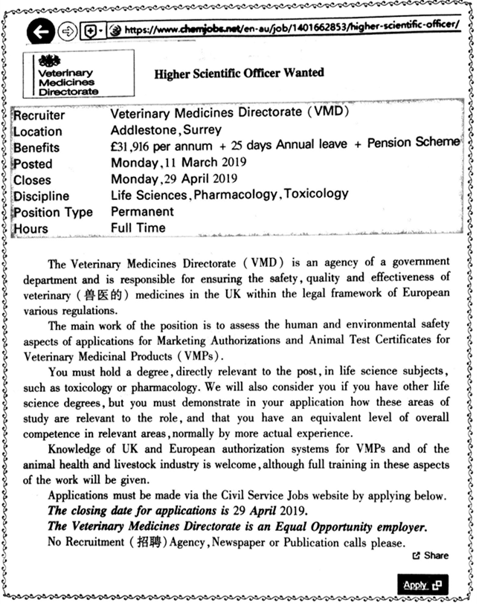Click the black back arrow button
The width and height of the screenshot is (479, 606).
tap(41, 31)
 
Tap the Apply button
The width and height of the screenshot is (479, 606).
tap(421, 584)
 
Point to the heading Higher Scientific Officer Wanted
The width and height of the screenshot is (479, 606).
tap(239, 74)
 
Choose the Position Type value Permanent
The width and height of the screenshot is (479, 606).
tap(142, 211)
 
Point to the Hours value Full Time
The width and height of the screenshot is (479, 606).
tap(138, 228)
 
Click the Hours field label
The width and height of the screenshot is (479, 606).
tap(30, 229)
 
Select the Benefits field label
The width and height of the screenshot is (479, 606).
tap(36, 148)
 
